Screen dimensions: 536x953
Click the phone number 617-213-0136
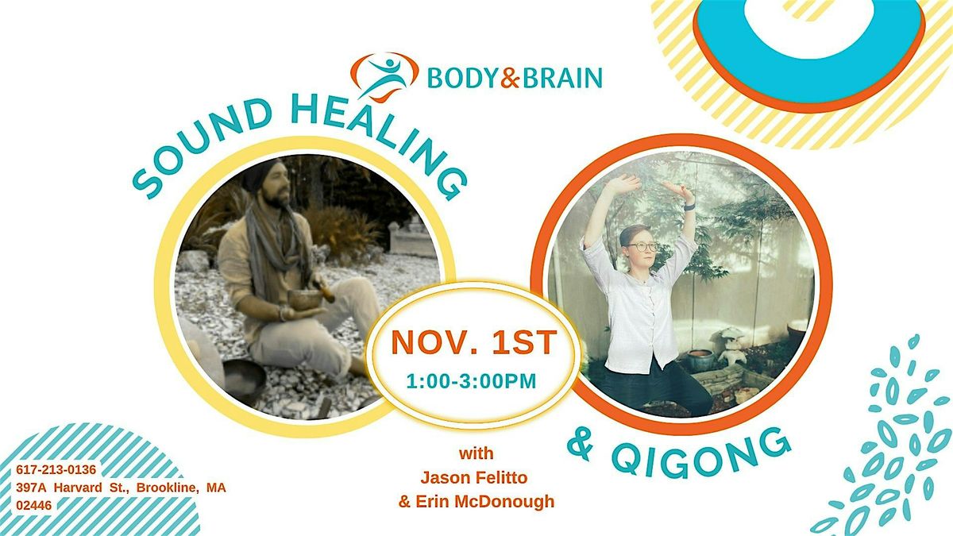click(x=62, y=469)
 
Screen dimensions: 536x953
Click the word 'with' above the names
click(x=476, y=455)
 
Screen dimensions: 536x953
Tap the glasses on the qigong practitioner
click(x=644, y=246)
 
